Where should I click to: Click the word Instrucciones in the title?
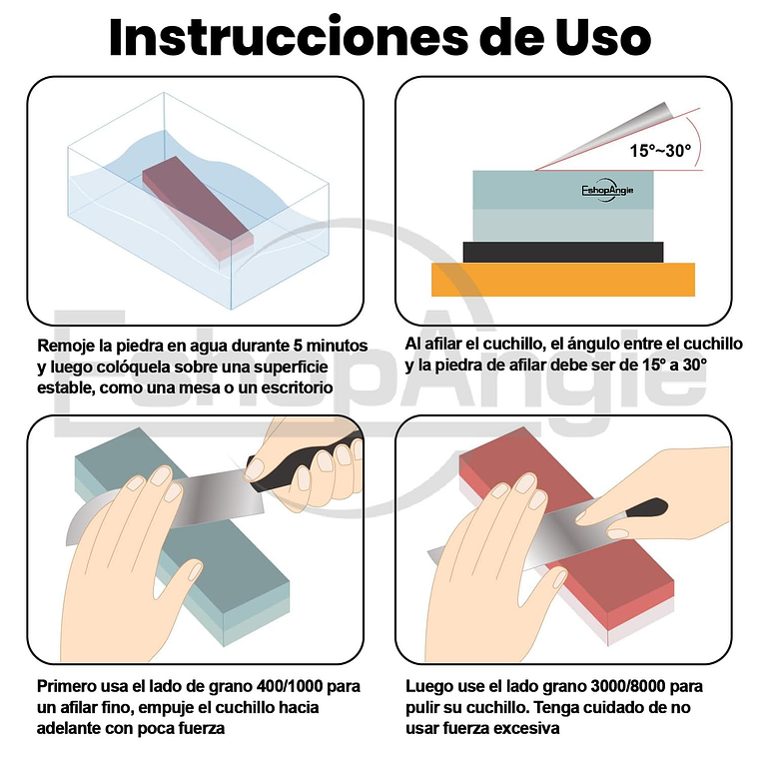[289, 37]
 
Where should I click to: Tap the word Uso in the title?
[602, 37]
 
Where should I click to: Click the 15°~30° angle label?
[660, 151]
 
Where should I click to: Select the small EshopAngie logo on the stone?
[607, 190]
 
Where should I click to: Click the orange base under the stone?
[563, 280]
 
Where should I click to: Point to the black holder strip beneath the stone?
[563, 253]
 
